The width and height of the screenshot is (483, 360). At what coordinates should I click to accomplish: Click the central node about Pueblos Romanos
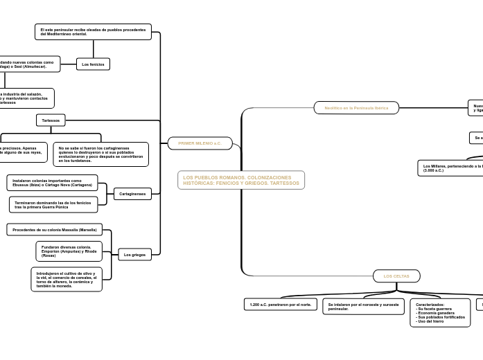(241, 180)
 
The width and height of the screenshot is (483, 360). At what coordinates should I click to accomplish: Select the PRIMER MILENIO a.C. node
(200, 143)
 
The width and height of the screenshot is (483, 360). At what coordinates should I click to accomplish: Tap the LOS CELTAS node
(396, 276)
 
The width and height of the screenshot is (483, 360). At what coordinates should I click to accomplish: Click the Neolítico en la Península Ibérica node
(356, 108)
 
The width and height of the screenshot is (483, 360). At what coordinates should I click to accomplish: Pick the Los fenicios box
(93, 64)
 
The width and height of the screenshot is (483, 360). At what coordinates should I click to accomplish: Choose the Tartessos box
(51, 120)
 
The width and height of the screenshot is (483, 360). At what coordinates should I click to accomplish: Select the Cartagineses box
(132, 194)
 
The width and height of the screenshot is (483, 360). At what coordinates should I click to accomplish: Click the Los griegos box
(134, 255)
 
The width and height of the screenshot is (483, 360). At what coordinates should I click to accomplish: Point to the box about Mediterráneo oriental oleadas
(93, 32)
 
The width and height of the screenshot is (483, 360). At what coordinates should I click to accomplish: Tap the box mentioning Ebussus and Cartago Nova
(52, 183)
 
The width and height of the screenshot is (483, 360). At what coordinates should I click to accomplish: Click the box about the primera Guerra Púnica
(53, 204)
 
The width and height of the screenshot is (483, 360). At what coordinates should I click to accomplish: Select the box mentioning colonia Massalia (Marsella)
(55, 229)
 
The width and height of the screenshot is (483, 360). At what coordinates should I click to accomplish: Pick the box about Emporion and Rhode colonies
(69, 251)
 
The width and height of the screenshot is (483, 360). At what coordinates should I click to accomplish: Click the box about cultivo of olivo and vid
(67, 279)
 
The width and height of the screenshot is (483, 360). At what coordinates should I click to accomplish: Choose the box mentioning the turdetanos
(101, 154)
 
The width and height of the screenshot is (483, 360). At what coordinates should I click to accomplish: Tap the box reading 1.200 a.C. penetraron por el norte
(280, 305)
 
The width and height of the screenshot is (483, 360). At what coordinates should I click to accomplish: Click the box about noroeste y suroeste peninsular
(363, 306)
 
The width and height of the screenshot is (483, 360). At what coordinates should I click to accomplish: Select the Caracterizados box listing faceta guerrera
(440, 313)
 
